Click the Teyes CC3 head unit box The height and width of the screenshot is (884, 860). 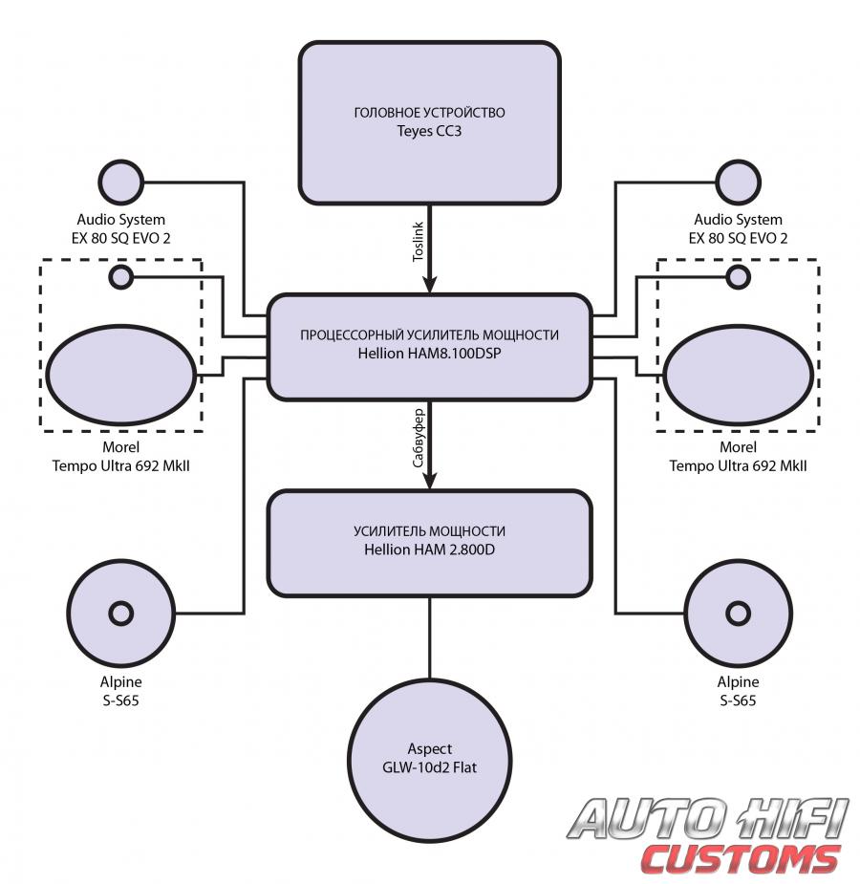coord(429,122)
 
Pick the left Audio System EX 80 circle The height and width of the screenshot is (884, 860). coord(121,180)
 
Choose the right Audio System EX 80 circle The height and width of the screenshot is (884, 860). coord(738,180)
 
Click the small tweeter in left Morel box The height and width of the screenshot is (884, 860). coord(121,277)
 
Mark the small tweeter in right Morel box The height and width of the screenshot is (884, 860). coord(738,277)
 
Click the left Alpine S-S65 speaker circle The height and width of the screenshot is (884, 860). coord(121,612)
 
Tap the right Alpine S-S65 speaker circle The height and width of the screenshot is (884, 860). coord(738,612)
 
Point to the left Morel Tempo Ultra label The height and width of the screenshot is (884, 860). coord(121,457)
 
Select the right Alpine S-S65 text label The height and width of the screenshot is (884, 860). coord(738,691)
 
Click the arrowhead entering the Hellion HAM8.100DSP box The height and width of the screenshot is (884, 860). coord(429,285)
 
